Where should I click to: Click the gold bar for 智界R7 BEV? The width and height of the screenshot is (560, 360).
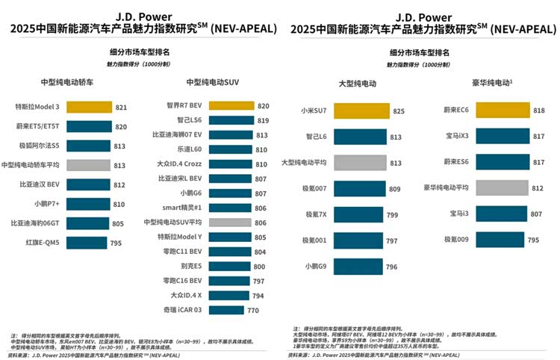coord(231,105)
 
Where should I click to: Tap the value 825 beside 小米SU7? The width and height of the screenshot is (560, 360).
coord(399,111)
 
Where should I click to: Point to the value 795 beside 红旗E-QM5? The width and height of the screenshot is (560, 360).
coord(116,242)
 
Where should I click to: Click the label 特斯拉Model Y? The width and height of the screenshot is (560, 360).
coord(179,237)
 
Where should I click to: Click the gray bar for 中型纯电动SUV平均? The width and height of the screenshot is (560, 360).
coord(230,222)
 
